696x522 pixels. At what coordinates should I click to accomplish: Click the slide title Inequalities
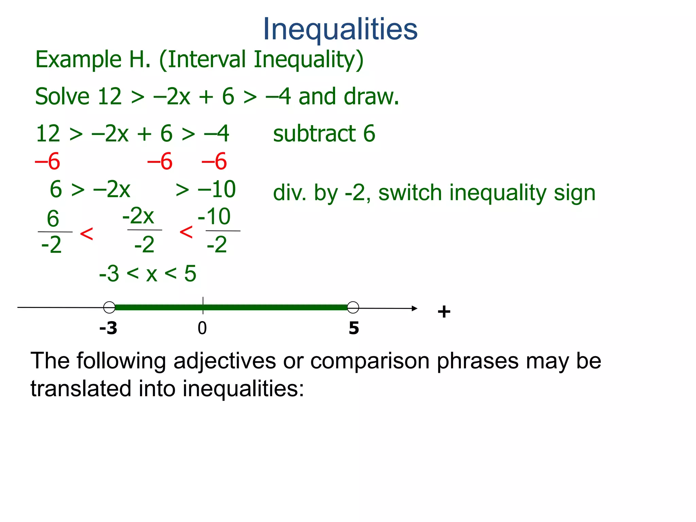coord(340,29)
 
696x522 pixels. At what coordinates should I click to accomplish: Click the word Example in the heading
coord(79,60)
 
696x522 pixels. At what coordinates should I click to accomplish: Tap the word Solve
coord(62,97)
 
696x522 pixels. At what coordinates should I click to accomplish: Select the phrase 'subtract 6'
coord(324,133)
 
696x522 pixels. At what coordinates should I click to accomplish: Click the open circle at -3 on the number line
coord(109,307)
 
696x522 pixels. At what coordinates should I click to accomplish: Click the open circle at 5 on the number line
coord(353,307)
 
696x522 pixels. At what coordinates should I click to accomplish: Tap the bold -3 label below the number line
coord(108,328)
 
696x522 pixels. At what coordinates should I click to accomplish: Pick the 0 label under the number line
coord(202,328)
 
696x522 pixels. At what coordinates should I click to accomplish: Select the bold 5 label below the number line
coord(354,328)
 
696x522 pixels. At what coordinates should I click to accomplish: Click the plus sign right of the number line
coord(444,312)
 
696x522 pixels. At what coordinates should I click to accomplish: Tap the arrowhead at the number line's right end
coord(414,309)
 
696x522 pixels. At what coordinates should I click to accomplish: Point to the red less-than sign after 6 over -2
coord(86,234)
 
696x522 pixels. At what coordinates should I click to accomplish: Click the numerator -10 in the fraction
coord(214,216)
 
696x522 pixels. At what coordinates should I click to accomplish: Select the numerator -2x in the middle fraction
coord(138,216)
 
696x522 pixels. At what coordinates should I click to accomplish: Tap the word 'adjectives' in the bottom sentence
coord(225,361)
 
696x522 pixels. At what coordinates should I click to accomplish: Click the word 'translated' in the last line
coord(81,389)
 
